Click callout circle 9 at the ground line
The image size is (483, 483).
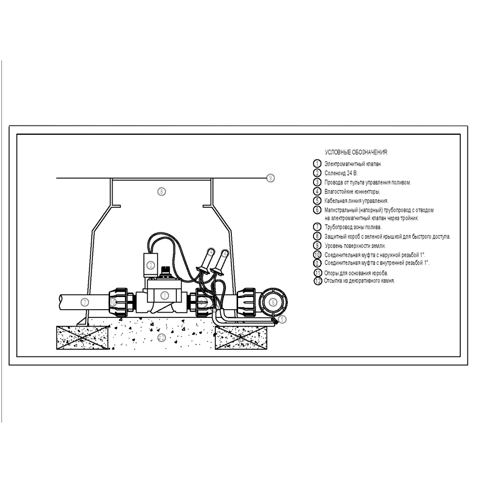270,178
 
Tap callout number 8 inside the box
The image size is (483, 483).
161,192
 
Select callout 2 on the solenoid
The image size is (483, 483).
151,265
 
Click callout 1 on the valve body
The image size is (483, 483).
165,296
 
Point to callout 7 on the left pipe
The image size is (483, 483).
85,302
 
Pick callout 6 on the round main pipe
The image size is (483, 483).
273,302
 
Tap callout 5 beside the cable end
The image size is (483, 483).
282,319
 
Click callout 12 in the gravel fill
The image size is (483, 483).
162,338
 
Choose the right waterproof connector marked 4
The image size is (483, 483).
220,262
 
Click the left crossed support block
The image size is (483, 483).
82,338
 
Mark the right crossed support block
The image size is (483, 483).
241,338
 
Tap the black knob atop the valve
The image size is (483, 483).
167,271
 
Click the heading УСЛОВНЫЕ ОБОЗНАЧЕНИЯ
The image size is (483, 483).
356,152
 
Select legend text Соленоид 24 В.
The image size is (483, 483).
341,173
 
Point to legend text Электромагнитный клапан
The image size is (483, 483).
353,164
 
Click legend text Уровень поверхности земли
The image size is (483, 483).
355,246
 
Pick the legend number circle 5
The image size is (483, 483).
317,200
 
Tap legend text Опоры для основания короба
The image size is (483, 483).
356,273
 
